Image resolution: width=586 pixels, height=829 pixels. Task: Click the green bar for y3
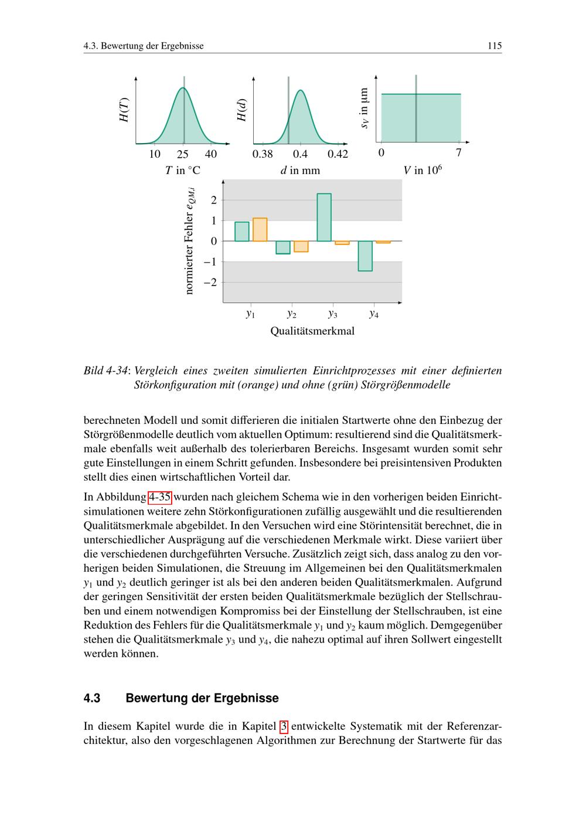point(324,217)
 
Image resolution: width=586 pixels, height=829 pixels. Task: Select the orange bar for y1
point(260,229)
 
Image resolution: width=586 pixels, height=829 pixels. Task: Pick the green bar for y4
point(365,256)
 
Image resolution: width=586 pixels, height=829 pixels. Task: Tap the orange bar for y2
point(301,246)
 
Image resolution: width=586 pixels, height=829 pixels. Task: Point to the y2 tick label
point(292,314)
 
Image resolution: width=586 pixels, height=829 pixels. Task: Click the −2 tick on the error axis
point(210,283)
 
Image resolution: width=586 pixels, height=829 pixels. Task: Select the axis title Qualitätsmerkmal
point(312,331)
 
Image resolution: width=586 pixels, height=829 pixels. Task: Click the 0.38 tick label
point(263,154)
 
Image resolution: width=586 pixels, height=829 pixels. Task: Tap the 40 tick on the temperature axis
point(211,154)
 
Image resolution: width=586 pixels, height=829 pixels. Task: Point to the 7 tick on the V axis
point(459,154)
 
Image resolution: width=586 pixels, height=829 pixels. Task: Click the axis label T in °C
point(182,171)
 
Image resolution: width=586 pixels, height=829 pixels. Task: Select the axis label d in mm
point(300,171)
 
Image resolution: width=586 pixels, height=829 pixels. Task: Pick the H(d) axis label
point(241,110)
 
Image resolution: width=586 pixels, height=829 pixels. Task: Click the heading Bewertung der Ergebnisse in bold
point(202,698)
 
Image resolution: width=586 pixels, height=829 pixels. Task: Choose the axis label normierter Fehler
point(189,240)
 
